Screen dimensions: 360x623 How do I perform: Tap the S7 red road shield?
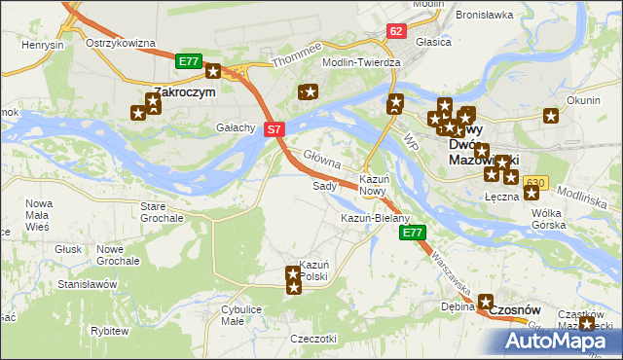[275, 128]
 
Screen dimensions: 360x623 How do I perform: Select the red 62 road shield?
[394, 31]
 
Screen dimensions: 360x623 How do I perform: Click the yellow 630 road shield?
[534, 183]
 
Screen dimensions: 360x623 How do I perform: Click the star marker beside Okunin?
[551, 116]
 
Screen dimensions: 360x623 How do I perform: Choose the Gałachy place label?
[236, 127]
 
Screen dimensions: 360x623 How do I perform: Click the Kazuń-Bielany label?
[375, 218]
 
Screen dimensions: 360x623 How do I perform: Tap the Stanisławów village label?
[88, 284]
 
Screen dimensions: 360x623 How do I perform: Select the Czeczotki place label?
[313, 338]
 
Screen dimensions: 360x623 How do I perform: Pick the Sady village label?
[323, 185]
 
